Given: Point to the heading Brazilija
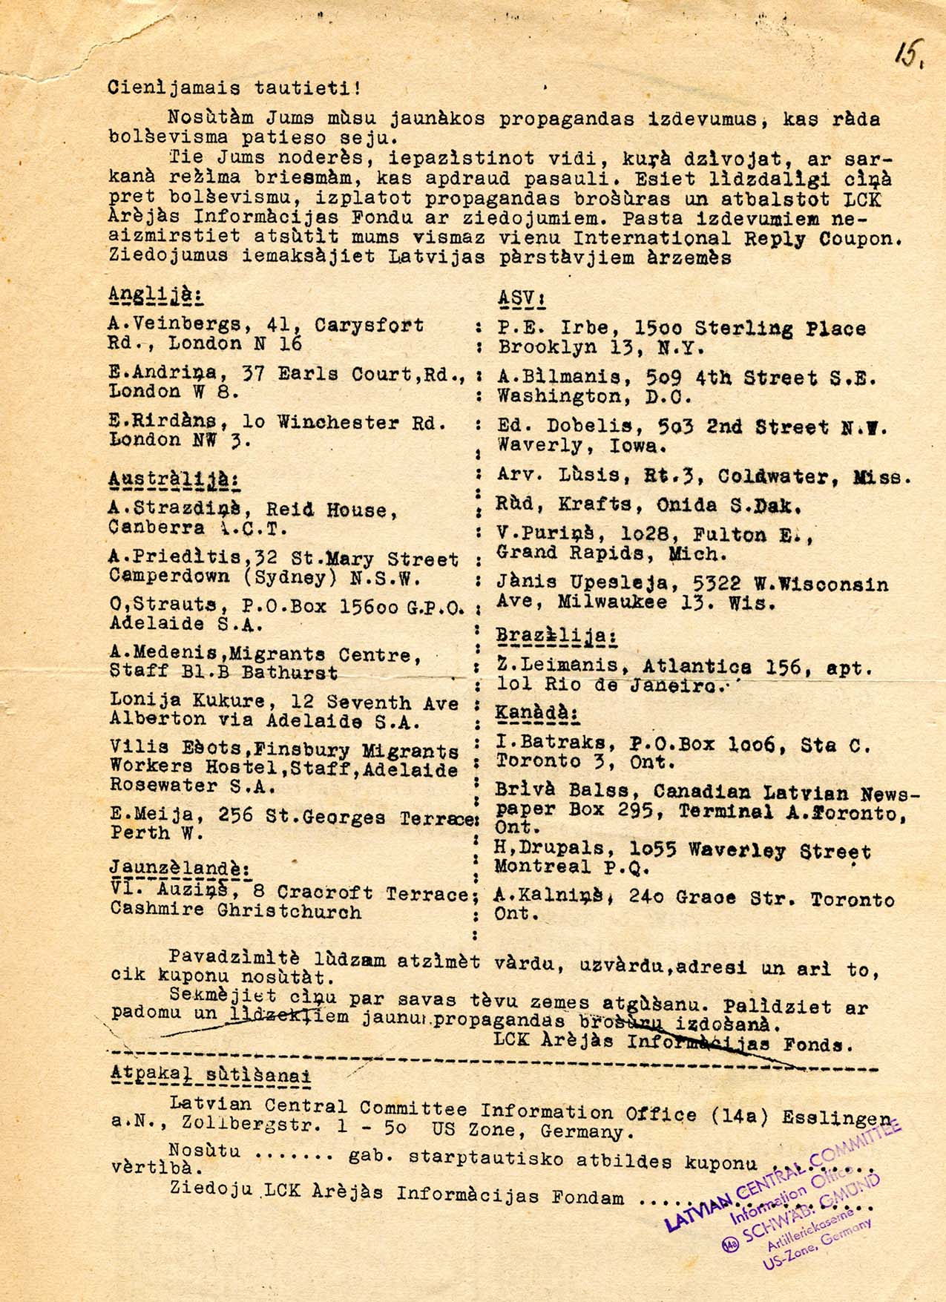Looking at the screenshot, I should (x=556, y=636).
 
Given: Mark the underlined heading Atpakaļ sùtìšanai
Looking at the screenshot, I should (x=210, y=1076).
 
